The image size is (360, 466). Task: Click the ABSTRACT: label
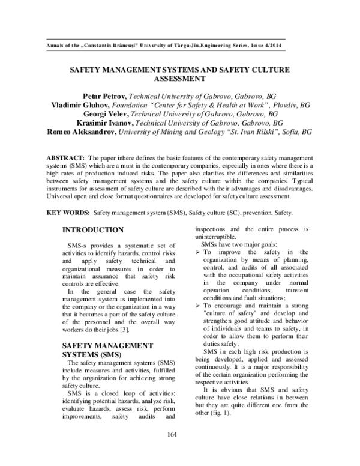[x=64, y=157]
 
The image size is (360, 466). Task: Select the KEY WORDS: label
[x=68, y=213]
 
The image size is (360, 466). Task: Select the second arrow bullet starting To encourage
[x=199, y=306]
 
